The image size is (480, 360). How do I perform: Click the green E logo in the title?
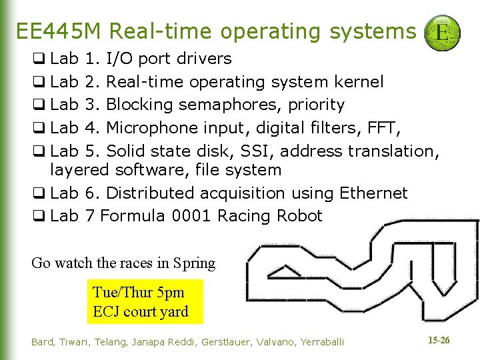442,32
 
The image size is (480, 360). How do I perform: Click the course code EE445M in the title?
59,31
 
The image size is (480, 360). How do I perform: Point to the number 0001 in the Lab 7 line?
192,216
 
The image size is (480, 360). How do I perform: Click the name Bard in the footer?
43,342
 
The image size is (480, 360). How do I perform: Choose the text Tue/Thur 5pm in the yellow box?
138,292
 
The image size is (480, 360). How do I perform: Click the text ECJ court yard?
141,311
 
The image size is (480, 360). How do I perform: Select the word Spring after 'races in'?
194,263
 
